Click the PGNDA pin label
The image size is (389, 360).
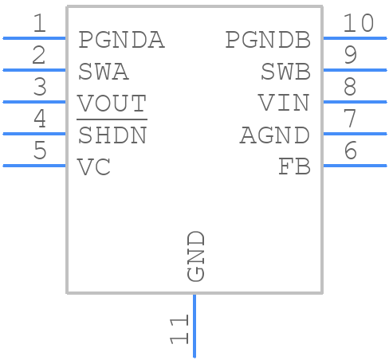pyautogui.click(x=121, y=40)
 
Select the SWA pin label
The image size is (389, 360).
pyautogui.click(x=104, y=72)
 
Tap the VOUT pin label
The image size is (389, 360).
pyautogui.click(x=112, y=104)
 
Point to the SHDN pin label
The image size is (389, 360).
pyautogui.click(x=112, y=135)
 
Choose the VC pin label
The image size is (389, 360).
pyautogui.click(x=94, y=167)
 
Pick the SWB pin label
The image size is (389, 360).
pyautogui.click(x=285, y=72)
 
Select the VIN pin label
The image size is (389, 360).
pyautogui.click(x=284, y=104)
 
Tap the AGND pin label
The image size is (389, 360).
pyautogui.click(x=275, y=135)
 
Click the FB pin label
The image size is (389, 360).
pyautogui.click(x=294, y=167)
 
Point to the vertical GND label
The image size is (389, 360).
pyautogui.click(x=196, y=256)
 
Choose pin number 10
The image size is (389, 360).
pyautogui.click(x=358, y=24)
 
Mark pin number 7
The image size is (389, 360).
pyautogui.click(x=349, y=119)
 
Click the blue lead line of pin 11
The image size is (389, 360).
pyautogui.click(x=194, y=327)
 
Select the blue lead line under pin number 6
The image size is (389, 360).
pyautogui.click(x=355, y=166)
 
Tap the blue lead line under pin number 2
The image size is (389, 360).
pyautogui.click(x=34, y=70)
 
